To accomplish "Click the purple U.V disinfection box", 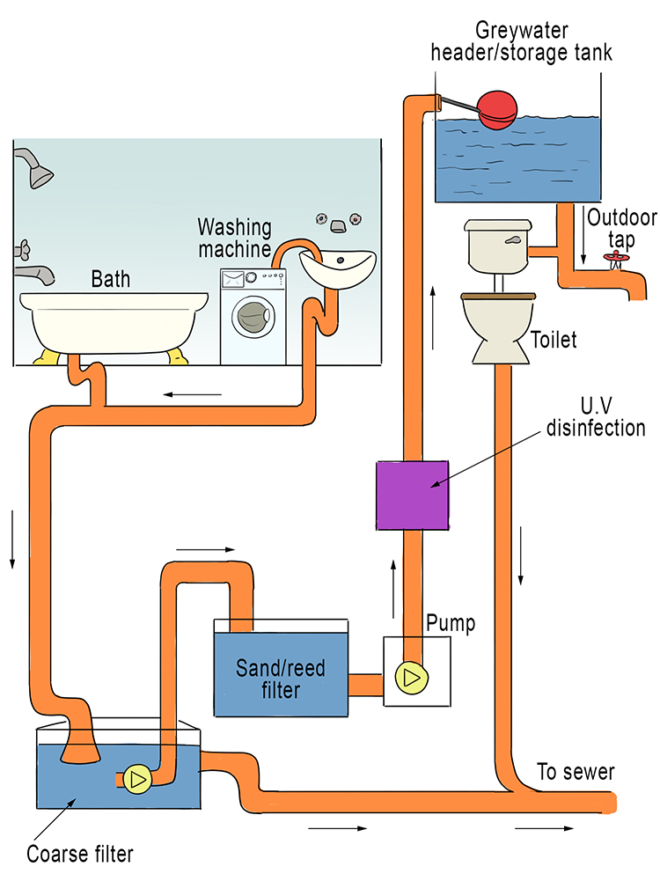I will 413,495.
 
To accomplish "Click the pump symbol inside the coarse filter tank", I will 136,778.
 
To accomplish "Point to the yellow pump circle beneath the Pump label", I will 409,676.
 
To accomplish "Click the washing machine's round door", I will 253,316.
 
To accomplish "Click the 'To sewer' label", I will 576,773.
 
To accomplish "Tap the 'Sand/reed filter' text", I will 280,679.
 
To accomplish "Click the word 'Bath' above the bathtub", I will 111,280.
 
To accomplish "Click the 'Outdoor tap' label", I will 617,227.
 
